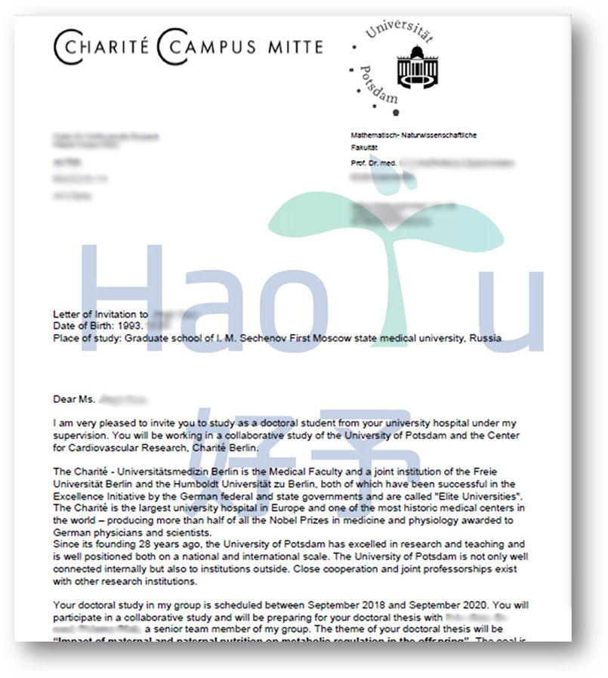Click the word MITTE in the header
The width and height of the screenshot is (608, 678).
click(295, 48)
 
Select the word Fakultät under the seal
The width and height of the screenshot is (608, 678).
click(365, 147)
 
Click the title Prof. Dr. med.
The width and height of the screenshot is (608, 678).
click(373, 163)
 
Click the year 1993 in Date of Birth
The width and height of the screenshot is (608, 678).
click(131, 326)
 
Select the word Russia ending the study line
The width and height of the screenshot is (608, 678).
click(485, 338)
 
